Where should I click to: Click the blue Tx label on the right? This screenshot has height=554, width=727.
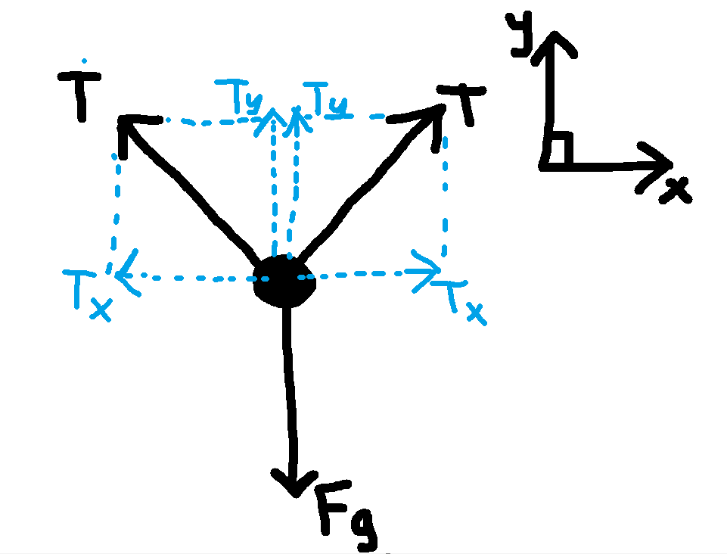(461, 303)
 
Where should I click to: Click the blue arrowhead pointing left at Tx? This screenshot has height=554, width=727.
(126, 272)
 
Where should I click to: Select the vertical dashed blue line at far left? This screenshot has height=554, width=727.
(116, 204)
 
